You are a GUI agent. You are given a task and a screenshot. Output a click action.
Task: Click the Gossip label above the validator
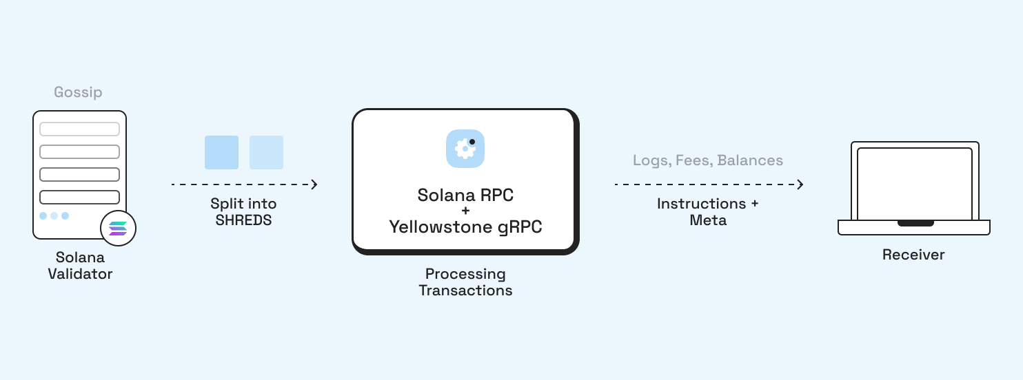pyautogui.click(x=78, y=92)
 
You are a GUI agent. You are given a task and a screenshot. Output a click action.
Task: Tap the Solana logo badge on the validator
pyautogui.click(x=118, y=229)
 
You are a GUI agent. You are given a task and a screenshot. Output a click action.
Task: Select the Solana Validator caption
pyautogui.click(x=80, y=266)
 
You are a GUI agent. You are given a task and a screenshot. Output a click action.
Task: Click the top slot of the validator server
pyautogui.click(x=79, y=129)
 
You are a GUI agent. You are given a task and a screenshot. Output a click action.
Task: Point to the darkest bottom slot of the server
pyautogui.click(x=79, y=197)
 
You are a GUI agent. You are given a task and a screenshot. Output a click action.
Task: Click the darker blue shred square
pyautogui.click(x=221, y=152)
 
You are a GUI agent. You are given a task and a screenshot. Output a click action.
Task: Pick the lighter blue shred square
pyautogui.click(x=266, y=152)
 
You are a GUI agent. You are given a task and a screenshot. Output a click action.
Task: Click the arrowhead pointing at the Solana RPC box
pyautogui.click(x=314, y=184)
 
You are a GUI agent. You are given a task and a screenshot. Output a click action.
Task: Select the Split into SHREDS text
pyautogui.click(x=243, y=212)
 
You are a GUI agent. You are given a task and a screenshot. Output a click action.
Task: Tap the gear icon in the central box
pyautogui.click(x=465, y=148)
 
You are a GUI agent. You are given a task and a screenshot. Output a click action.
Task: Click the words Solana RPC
pyautogui.click(x=465, y=195)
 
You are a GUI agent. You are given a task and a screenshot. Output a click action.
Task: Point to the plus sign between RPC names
pyautogui.click(x=465, y=211)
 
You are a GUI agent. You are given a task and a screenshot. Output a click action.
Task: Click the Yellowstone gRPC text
pyautogui.click(x=465, y=226)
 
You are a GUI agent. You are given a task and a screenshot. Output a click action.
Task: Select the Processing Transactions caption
pyautogui.click(x=465, y=282)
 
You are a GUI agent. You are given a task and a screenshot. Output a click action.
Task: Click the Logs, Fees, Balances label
pyautogui.click(x=708, y=160)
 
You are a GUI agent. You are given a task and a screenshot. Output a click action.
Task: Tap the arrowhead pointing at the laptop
pyautogui.click(x=800, y=184)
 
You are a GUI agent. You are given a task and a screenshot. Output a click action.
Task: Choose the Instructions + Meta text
pyautogui.click(x=708, y=212)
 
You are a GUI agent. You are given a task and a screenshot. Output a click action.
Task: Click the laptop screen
pyautogui.click(x=914, y=183)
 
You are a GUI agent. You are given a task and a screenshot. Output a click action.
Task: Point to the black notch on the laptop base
pyautogui.click(x=915, y=223)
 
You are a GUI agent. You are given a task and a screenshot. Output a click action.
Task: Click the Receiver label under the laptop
pyautogui.click(x=913, y=255)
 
